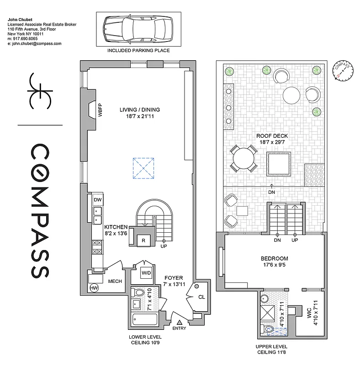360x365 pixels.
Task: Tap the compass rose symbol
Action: click(342, 70)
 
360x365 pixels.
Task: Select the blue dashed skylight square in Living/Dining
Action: click(143, 167)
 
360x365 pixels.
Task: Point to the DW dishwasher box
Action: click(97, 200)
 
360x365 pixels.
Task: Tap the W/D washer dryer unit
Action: click(146, 273)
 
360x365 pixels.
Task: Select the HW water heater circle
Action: click(94, 288)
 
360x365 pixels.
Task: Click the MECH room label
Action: click(114, 281)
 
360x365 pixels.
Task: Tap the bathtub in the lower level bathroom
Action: click(143, 321)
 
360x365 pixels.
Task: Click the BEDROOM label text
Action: click(274, 258)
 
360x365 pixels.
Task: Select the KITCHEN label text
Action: click(116, 226)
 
